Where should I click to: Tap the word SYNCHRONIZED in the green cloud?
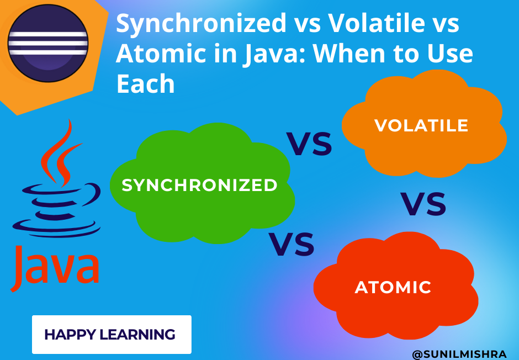coord(199,186)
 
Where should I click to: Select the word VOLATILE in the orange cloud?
coord(421,125)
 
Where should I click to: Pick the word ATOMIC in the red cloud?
coord(393,287)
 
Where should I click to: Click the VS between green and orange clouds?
coord(309,145)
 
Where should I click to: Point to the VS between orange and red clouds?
coord(423,204)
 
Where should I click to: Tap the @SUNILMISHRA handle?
coord(462,351)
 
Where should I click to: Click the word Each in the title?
coord(145,84)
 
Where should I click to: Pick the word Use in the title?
coord(448,54)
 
